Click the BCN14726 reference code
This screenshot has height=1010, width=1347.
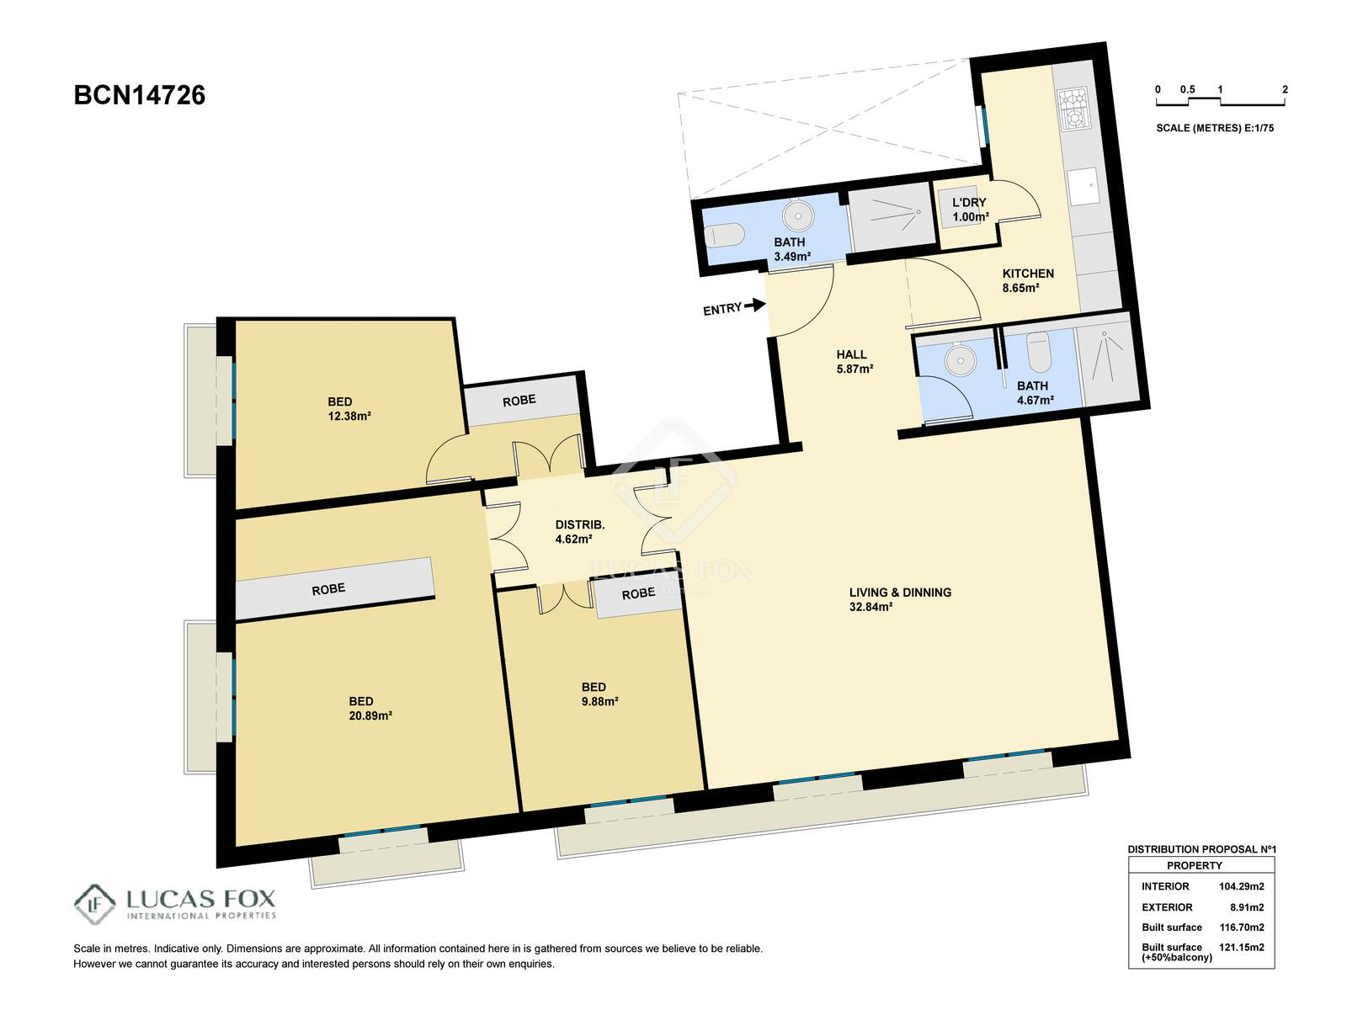[x=139, y=96]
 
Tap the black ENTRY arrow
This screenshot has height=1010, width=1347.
[x=755, y=304]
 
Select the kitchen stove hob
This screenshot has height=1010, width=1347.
[x=1073, y=108]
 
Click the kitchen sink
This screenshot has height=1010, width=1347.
[x=1083, y=186]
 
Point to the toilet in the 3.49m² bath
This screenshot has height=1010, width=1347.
[x=724, y=235]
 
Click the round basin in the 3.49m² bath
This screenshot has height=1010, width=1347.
[x=798, y=215]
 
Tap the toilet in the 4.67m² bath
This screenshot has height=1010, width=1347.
[x=1039, y=351]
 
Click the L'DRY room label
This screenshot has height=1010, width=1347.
[x=969, y=202]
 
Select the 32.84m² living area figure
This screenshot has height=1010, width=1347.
[x=870, y=607]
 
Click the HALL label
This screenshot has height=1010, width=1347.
[x=851, y=354]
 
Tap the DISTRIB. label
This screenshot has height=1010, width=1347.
[x=580, y=525]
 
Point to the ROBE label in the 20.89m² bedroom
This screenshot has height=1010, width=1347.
[x=328, y=589]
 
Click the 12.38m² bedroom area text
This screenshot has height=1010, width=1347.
[x=349, y=417]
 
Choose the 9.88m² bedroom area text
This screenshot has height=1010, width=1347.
[x=599, y=702]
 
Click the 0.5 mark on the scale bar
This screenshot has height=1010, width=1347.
[x=1187, y=89]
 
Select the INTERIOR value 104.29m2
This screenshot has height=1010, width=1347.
[x=1242, y=886]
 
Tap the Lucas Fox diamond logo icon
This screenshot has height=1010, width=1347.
[x=94, y=904]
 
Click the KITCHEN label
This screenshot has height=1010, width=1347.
[x=1028, y=274]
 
